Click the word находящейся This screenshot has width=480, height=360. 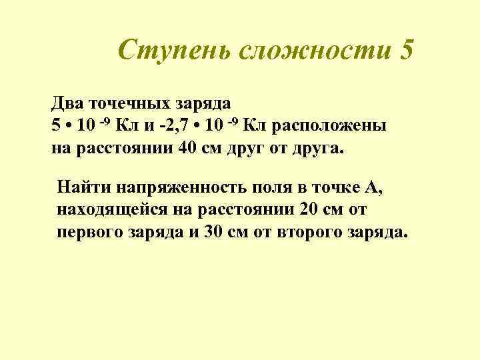pos(110,211)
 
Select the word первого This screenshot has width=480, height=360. pos(86,233)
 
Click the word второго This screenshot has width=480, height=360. pos(297,233)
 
